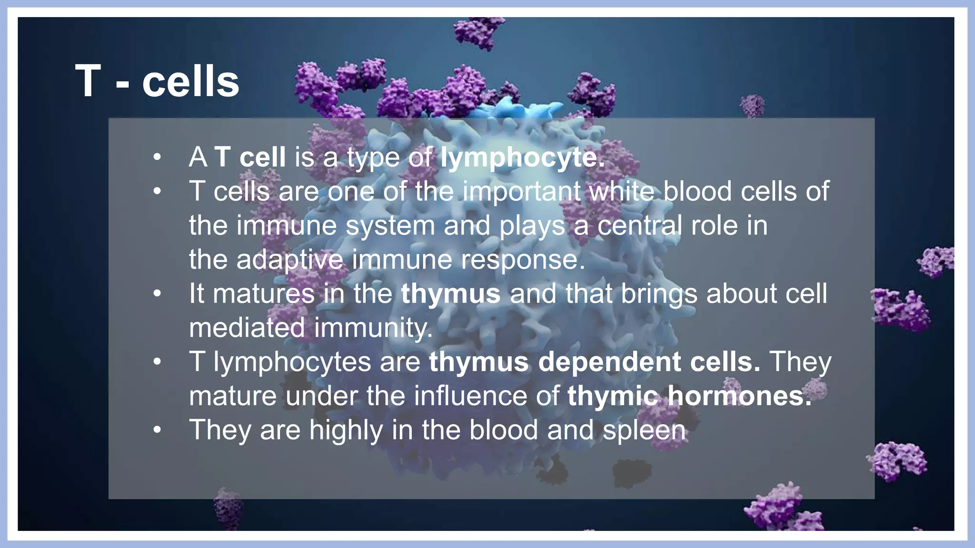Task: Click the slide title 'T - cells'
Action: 157,82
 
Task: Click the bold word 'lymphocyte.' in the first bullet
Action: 522,157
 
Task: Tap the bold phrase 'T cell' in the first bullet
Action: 250,157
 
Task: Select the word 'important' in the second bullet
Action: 521,192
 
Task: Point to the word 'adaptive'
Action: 289,260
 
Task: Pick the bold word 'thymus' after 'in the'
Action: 450,294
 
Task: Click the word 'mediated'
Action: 247,328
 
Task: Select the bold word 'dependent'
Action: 609,362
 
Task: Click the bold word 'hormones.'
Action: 740,396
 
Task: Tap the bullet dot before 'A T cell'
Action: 158,157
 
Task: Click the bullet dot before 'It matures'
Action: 158,294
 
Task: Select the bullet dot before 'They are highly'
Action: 158,431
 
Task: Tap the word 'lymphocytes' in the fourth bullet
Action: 292,363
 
